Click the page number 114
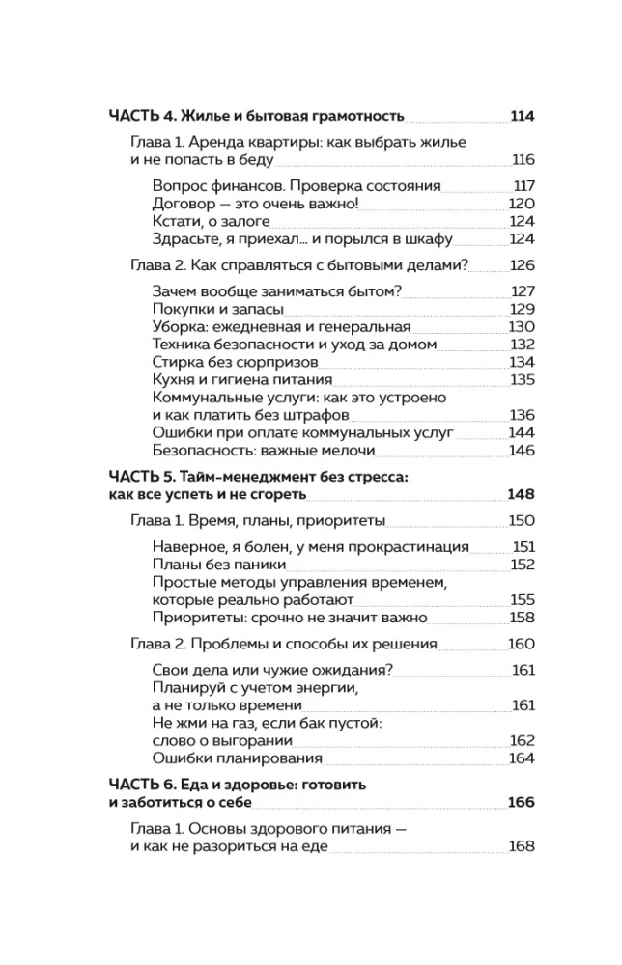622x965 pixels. pyautogui.click(x=522, y=117)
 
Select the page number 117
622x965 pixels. pyautogui.click(x=523, y=185)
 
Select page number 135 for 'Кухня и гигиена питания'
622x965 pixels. pyautogui.click(x=522, y=380)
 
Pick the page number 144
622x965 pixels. pyautogui.click(x=522, y=432)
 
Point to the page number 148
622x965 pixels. pyautogui.click(x=521, y=494)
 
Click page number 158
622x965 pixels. pyautogui.click(x=522, y=617)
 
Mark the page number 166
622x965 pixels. pyautogui.click(x=521, y=802)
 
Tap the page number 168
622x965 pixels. pyautogui.click(x=522, y=846)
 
